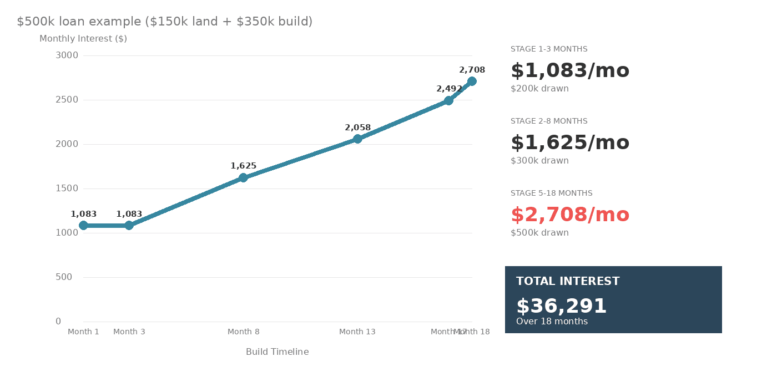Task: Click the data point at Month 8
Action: tap(243, 178)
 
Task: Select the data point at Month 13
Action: tap(357, 139)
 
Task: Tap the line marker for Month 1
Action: tap(83, 226)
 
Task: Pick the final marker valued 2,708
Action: tap(472, 81)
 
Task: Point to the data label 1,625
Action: tap(243, 166)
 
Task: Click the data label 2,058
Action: tap(357, 128)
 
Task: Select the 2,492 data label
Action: tap(449, 89)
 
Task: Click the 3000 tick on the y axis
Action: tap(67, 55)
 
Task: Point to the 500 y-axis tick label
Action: tap(64, 277)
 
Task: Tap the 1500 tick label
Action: tap(67, 188)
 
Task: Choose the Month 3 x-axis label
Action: tap(129, 332)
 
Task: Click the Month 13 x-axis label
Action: tap(357, 332)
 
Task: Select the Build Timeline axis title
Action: tap(277, 352)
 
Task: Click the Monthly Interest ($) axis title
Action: tap(83, 39)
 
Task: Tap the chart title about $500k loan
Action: tap(165, 22)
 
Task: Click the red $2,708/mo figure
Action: tap(570, 215)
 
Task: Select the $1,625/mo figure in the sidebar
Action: tap(570, 143)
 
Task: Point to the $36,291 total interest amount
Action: tap(561, 307)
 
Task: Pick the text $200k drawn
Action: tap(539, 89)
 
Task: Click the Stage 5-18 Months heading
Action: tap(551, 193)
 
